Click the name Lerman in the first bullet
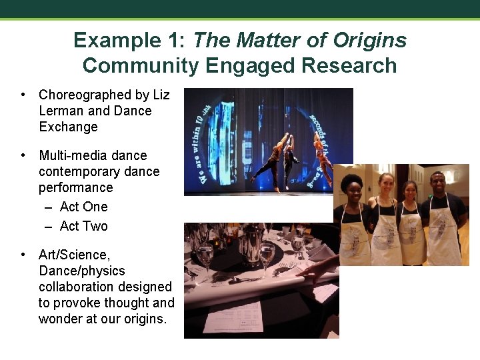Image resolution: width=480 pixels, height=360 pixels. pos(61,111)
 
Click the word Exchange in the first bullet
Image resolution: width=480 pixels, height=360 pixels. pos(68,127)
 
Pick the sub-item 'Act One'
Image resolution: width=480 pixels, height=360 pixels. pos(83,207)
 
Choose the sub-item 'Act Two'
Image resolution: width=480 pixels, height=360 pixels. pos(83,226)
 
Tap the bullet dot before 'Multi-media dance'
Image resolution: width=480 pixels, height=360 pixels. pos(23,155)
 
